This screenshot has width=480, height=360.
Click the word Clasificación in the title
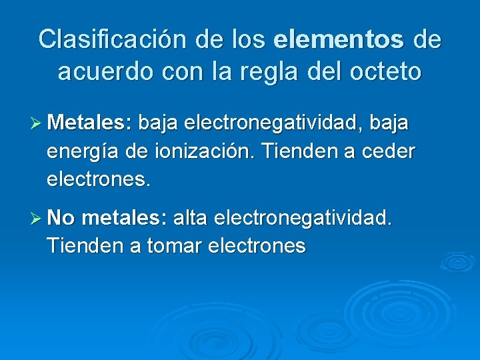click(113, 39)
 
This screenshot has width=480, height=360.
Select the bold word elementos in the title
click(339, 39)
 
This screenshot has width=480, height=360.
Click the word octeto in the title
click(383, 71)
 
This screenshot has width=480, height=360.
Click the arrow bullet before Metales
click(37, 123)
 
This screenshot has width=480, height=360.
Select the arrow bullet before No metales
click(37, 217)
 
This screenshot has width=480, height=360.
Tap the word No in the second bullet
click(61, 217)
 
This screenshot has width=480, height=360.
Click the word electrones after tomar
click(257, 246)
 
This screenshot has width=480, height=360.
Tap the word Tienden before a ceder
click(303, 151)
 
